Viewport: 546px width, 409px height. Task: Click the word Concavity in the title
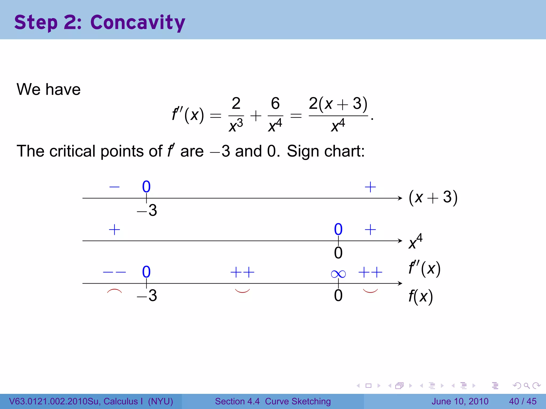(x=138, y=22)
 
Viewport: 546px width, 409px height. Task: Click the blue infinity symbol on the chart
(x=338, y=274)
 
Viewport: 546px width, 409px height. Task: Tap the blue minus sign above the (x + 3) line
(x=114, y=187)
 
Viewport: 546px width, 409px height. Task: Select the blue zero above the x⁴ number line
(x=338, y=229)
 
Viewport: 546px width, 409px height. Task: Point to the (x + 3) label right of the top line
(x=433, y=198)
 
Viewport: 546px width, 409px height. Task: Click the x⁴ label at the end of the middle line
(x=415, y=241)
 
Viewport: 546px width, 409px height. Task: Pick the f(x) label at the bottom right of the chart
(x=420, y=296)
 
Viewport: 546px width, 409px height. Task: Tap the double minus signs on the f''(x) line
(x=114, y=272)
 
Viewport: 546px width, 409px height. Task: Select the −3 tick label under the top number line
(x=147, y=210)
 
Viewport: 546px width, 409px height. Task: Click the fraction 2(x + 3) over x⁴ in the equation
(x=338, y=114)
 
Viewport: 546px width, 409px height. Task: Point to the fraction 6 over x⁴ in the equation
(x=275, y=114)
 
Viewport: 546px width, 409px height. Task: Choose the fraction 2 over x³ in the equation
(x=236, y=114)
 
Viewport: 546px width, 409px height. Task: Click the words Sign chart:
(x=326, y=151)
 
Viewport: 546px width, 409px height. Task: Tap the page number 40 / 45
(x=523, y=401)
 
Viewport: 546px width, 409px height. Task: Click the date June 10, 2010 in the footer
(x=460, y=401)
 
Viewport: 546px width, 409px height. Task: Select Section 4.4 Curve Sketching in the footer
(x=273, y=401)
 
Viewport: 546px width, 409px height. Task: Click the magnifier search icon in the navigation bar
(x=527, y=386)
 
